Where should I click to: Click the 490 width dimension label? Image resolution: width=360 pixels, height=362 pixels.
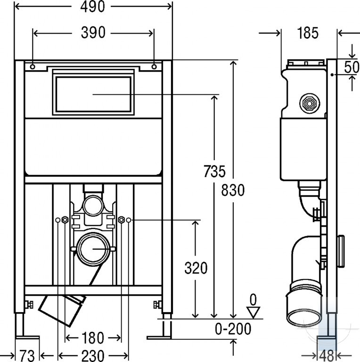pyautogui.click(x=92, y=7)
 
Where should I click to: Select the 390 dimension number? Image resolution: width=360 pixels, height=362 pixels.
pyautogui.click(x=93, y=33)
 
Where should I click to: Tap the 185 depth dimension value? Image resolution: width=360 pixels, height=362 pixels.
pyautogui.click(x=308, y=33)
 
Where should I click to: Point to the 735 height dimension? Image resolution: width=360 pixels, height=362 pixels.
pyautogui.click(x=214, y=171)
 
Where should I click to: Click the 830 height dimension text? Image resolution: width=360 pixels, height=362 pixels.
pyautogui.click(x=233, y=190)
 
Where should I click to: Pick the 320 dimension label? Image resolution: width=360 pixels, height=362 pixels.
pyautogui.click(x=196, y=268)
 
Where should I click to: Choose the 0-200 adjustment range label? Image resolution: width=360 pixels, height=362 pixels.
pyautogui.click(x=233, y=329)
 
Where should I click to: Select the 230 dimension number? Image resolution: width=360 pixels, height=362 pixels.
pyautogui.click(x=92, y=355)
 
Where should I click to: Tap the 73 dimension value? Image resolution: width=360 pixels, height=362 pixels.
pyautogui.click(x=27, y=356)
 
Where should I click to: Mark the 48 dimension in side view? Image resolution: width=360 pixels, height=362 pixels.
pyautogui.click(x=327, y=356)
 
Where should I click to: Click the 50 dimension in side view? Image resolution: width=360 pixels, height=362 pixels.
pyautogui.click(x=352, y=67)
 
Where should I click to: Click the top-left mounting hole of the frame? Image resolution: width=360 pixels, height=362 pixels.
pyautogui.click(x=33, y=67)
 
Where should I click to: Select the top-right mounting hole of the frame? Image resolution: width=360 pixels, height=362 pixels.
pyautogui.click(x=154, y=67)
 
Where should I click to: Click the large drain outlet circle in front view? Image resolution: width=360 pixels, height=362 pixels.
pyautogui.click(x=93, y=249)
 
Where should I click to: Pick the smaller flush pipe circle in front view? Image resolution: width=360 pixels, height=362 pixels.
pyautogui.click(x=93, y=206)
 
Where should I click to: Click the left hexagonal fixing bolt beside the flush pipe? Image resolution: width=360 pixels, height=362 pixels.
pyautogui.click(x=65, y=220)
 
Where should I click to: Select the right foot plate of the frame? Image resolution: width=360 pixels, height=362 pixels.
pyautogui.click(x=159, y=338)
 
